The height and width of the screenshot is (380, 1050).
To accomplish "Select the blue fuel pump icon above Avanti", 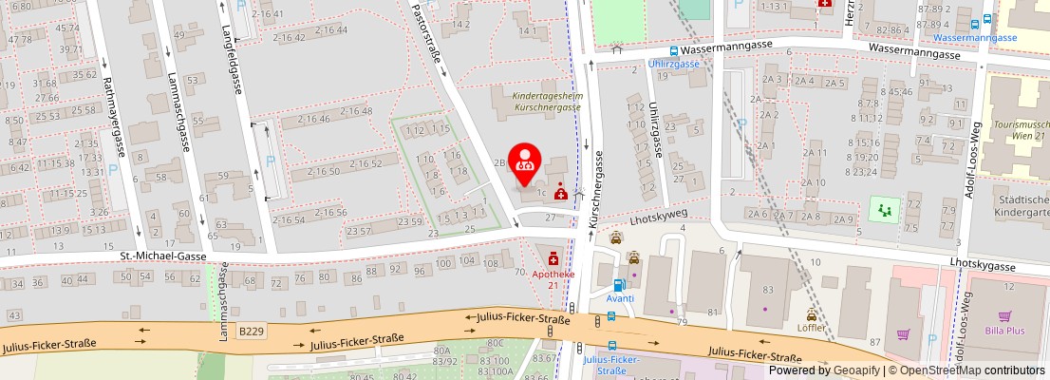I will (619, 284).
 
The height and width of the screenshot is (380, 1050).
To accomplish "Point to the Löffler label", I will (811, 328).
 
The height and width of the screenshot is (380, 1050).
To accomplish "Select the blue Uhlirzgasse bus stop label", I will (673, 64).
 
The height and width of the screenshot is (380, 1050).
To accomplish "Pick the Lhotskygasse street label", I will (984, 267).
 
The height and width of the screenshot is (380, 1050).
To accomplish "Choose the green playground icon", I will (885, 207).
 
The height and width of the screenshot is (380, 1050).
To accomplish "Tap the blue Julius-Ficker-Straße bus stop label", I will (612, 365).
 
